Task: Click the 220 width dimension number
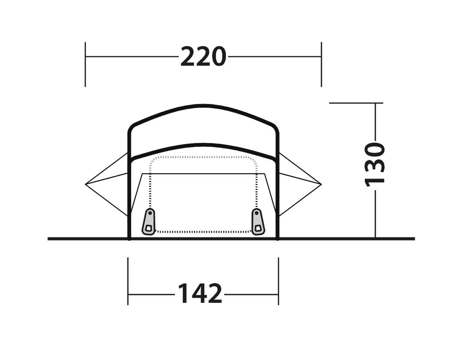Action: (x=203, y=56)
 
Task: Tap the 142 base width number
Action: (x=200, y=295)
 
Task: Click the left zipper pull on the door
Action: (x=149, y=222)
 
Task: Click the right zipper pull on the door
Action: (x=258, y=222)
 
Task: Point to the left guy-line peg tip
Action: (x=85, y=184)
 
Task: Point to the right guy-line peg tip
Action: (x=321, y=184)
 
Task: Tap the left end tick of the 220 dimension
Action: (x=85, y=64)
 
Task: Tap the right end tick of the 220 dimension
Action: (x=321, y=64)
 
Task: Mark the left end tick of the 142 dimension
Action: (x=128, y=281)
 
